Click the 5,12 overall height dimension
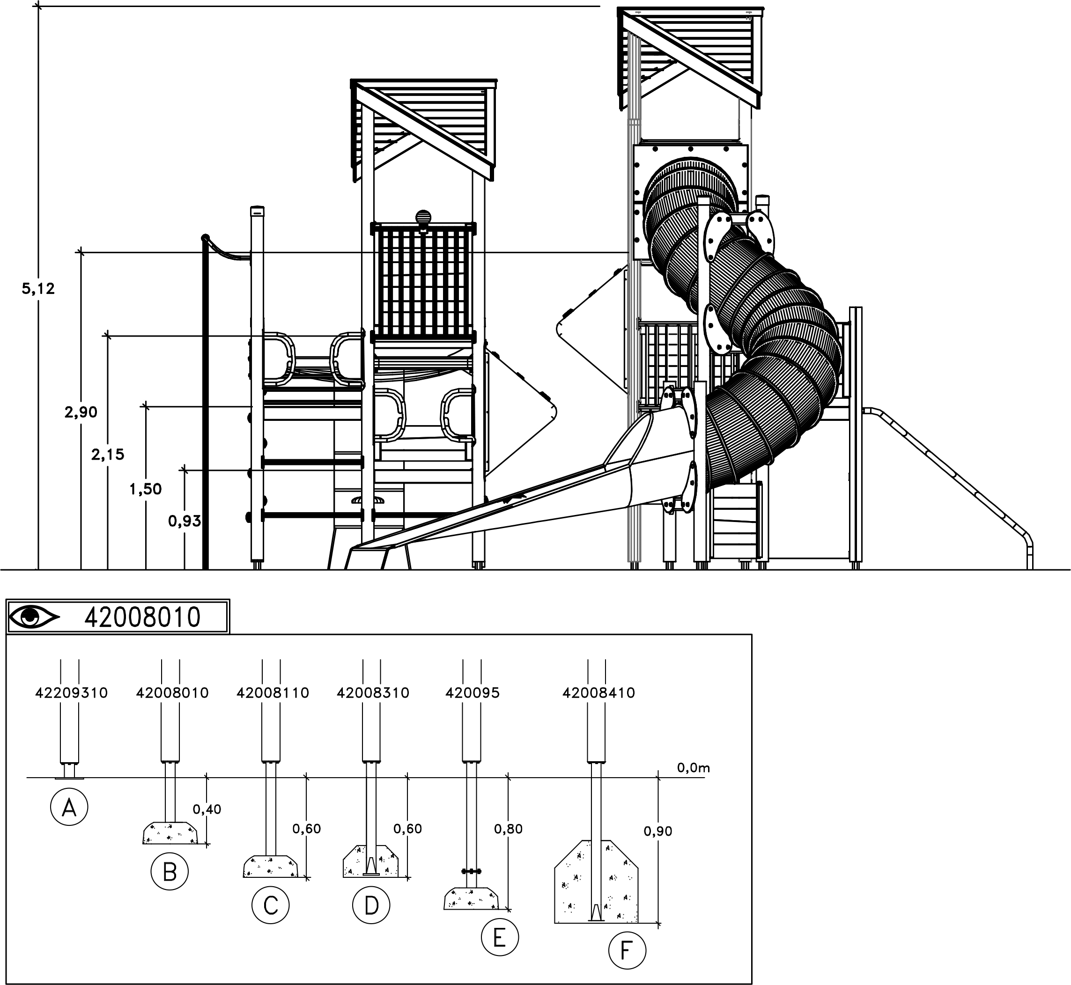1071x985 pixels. pyautogui.click(x=38, y=289)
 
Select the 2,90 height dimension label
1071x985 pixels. pyautogui.click(x=81, y=412)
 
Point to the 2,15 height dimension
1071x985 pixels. pyautogui.click(x=108, y=455)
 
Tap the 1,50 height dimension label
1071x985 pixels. pyautogui.click(x=146, y=489)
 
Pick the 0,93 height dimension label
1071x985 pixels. pyautogui.click(x=185, y=521)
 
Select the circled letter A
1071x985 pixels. pyautogui.click(x=69, y=808)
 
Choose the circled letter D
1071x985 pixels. pyautogui.click(x=371, y=905)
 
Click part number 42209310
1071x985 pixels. pyautogui.click(x=72, y=693)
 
